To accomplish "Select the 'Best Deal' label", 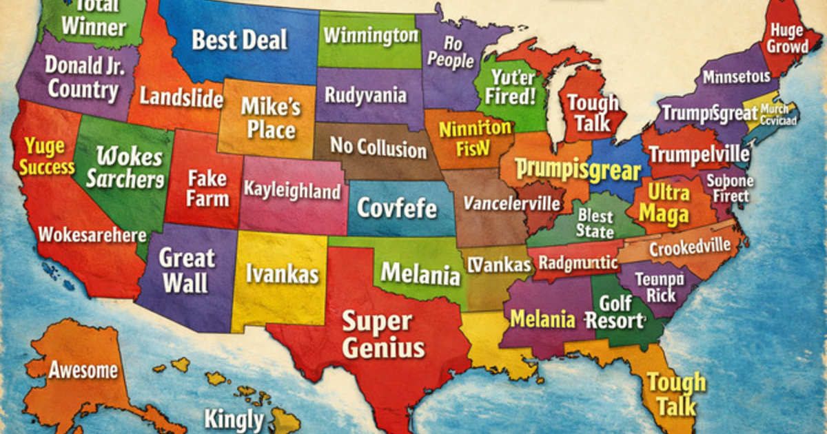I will (239, 39).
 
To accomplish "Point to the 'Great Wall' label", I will (187, 270).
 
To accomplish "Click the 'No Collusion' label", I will (378, 147).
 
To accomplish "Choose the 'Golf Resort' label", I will (615, 312).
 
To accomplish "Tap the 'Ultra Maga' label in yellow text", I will (664, 203).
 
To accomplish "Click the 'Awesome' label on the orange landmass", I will (83, 370).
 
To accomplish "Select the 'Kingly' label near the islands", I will (234, 419).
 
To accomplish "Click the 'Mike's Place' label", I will (270, 118).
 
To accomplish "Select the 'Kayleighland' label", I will (292, 190).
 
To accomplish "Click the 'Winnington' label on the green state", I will (370, 34).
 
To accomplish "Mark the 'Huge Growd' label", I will (787, 39).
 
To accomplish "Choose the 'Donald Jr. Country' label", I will (83, 77).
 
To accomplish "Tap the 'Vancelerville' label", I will (511, 203).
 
